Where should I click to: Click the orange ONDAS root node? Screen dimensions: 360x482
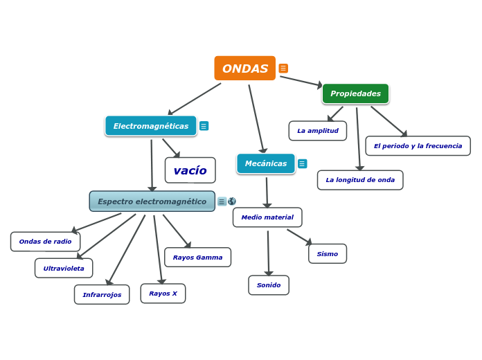244,69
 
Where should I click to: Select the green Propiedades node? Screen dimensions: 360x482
355,93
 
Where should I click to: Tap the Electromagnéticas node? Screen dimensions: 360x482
151,126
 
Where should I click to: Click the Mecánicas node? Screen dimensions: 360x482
266,163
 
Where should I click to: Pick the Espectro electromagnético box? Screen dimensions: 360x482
152,201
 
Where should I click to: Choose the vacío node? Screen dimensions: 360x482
190,170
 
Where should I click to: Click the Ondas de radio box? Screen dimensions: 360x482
45,242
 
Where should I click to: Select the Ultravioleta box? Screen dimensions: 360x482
64,268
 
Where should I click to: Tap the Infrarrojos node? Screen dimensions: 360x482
102,294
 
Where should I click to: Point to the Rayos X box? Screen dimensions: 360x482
163,294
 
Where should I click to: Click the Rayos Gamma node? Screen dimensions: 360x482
197,258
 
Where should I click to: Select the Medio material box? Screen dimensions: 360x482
267,217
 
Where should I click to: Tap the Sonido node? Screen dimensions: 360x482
269,285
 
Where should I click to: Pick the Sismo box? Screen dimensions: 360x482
328,254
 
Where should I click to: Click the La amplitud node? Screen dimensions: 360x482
318,131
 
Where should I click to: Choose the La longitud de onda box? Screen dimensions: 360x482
360,180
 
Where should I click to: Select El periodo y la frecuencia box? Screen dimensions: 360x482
418,146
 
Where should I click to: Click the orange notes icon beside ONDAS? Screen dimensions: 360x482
283,69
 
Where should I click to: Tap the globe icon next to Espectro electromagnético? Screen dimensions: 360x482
232,201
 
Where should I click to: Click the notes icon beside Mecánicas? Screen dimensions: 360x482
303,164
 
